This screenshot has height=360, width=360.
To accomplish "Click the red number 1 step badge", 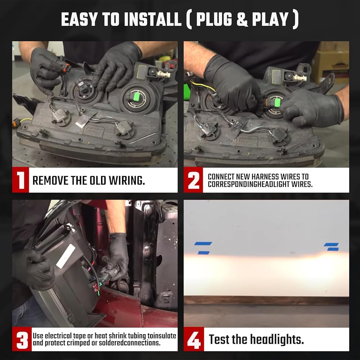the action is point(21,180).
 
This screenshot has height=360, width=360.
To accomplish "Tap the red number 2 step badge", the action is point(193,180).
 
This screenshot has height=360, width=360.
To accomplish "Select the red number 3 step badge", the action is point(22,339).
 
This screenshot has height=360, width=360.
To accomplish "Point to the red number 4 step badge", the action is point(194,339).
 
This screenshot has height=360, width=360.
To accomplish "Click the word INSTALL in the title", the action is point(153,19).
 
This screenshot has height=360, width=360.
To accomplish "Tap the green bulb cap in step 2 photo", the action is point(278,103).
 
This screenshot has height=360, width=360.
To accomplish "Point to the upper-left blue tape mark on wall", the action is point(203,243).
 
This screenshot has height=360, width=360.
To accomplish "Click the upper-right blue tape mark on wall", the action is point(331,244).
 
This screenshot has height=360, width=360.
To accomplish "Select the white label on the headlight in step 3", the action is point(66,256).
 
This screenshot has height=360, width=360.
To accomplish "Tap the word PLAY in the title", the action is point(270,19).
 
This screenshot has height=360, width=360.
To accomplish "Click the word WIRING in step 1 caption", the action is point(126,180).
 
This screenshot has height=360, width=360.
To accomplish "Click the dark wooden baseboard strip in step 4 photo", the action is point(266,300).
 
